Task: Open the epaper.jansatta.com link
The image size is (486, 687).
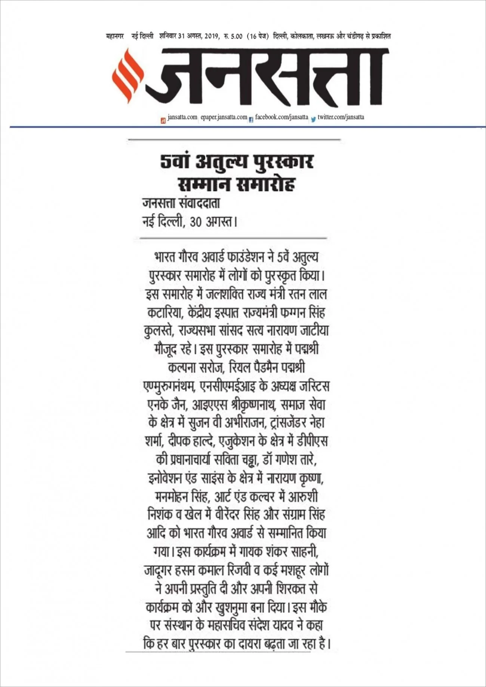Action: click(224, 117)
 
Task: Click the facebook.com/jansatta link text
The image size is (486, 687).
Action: click(282, 117)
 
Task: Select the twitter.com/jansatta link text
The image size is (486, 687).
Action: click(341, 117)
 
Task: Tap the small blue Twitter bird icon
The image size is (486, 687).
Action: click(313, 119)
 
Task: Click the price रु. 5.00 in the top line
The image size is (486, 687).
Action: click(233, 37)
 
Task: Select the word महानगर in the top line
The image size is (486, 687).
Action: click(115, 37)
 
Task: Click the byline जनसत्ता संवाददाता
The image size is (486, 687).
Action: click(181, 204)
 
